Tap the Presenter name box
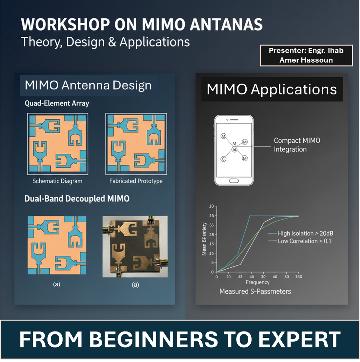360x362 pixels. coord(306,55)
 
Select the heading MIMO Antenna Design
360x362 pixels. coord(88,85)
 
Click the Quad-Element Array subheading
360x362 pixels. coord(57,103)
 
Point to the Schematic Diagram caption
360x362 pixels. coord(57,181)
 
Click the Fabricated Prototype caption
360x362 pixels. coord(136,181)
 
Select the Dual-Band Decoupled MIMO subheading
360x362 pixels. coord(77,199)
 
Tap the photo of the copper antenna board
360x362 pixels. coord(135,246)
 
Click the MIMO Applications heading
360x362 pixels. coord(272,89)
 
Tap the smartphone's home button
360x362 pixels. coord(234,181)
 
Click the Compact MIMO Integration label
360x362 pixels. coord(297,145)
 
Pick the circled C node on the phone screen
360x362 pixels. coord(223,159)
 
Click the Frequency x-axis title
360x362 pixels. coord(257,282)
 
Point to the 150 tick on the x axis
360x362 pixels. coord(298,277)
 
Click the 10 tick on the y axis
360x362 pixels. coord(211,206)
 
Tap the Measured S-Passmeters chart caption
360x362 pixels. coord(255,291)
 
